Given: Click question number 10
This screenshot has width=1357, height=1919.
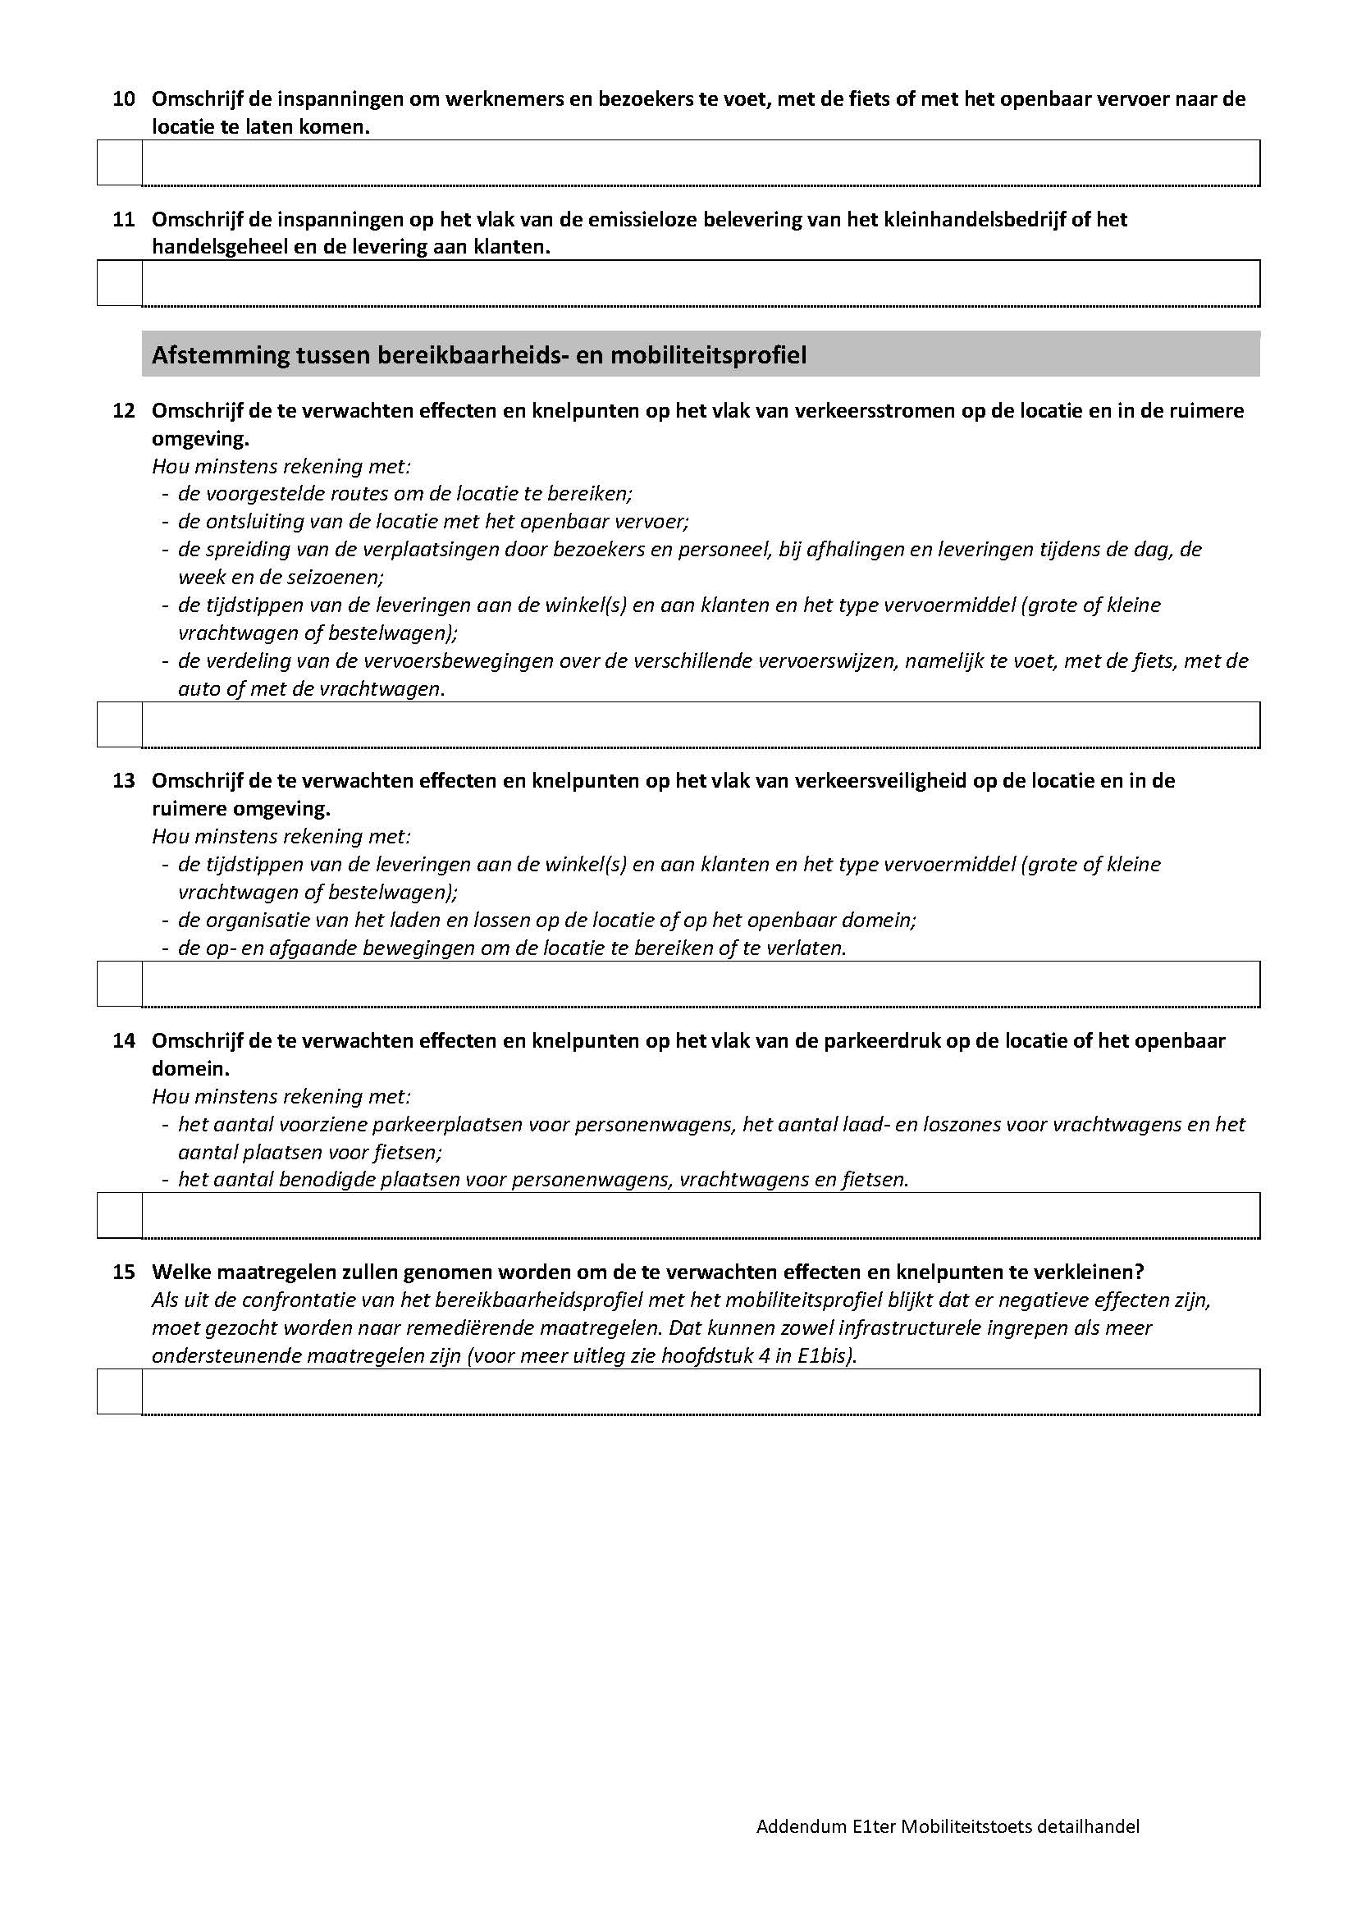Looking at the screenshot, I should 124,99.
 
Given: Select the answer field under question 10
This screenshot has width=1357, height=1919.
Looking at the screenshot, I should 700,163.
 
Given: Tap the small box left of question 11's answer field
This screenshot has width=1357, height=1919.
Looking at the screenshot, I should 120,283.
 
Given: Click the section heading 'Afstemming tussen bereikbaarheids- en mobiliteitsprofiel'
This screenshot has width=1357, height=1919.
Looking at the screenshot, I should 479,355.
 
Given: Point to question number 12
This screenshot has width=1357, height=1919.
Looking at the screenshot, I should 124,410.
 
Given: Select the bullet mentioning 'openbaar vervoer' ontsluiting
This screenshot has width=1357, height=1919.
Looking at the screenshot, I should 433,522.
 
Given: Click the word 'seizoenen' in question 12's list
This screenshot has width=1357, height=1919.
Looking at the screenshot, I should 334,577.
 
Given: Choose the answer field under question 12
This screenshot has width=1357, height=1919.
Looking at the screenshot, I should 700,724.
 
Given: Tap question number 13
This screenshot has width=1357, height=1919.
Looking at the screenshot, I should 124,780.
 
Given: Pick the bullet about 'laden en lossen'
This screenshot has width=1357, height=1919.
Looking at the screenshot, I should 546,921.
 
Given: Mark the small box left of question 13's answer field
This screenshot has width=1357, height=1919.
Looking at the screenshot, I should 120,985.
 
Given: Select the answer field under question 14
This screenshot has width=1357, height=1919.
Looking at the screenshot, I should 700,1215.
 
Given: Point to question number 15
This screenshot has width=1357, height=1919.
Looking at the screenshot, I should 124,1272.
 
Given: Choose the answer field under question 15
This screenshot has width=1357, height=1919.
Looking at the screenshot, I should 700,1391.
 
